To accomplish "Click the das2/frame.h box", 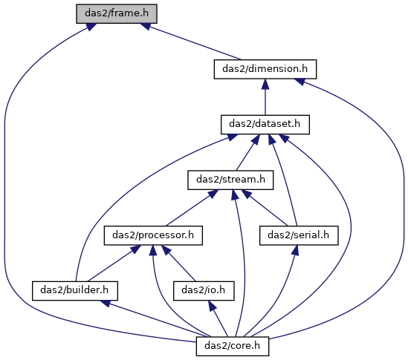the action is point(117,13).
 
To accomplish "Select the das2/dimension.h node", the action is point(265,69).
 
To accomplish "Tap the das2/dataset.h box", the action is point(265,125).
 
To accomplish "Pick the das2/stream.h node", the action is point(230,180).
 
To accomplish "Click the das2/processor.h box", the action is point(153,235).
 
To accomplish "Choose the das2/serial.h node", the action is point(299,235).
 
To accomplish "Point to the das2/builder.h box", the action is point(75,291).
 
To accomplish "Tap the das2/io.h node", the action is point(204,291).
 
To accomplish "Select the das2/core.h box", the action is point(233,346).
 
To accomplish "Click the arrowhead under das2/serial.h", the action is point(295,250).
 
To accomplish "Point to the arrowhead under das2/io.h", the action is point(212,305).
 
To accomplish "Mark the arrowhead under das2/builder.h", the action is point(106,303).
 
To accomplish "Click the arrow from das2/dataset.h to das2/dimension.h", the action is point(265,97).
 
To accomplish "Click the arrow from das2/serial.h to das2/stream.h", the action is point(265,208).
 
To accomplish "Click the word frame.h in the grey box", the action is point(129,13).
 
